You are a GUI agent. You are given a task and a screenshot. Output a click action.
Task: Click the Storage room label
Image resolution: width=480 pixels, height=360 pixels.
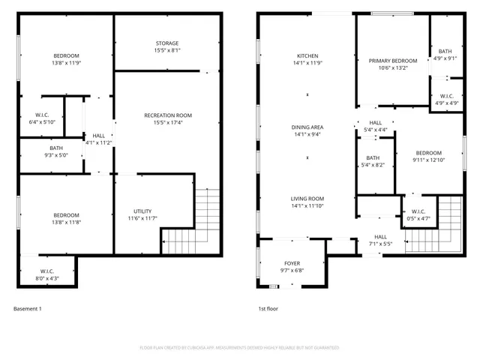pos(167,43)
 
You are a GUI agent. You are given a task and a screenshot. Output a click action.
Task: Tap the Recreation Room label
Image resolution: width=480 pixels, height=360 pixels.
pos(167,115)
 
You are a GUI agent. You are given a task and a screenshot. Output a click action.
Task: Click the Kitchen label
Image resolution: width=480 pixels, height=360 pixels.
pos(307,56)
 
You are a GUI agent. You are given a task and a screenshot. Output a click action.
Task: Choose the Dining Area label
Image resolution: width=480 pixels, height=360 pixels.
pos(307,127)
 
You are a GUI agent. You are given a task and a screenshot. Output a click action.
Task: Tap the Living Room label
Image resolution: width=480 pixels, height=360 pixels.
pos(307,199)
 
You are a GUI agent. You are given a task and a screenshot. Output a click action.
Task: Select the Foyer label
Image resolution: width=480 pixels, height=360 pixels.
pos(291,264)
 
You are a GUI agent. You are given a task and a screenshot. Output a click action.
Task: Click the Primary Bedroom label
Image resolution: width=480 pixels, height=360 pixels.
pos(392,61)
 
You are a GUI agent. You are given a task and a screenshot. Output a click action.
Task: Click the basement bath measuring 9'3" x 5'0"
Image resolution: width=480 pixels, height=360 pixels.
pos(56,151)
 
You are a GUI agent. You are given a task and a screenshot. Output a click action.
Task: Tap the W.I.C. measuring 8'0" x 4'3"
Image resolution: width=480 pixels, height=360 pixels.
pos(46,274)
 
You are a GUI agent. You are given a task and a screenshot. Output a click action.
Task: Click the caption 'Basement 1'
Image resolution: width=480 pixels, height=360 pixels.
pos(28,309)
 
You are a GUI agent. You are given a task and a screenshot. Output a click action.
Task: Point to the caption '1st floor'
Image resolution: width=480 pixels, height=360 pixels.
pos(268,309)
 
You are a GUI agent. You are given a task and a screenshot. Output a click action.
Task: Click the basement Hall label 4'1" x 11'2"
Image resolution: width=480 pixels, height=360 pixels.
pos(98,139)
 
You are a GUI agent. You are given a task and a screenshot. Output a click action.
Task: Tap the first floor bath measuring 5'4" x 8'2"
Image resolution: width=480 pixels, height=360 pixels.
pos(373,161)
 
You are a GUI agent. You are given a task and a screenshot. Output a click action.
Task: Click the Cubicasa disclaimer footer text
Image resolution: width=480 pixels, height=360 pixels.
pos(240,347)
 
